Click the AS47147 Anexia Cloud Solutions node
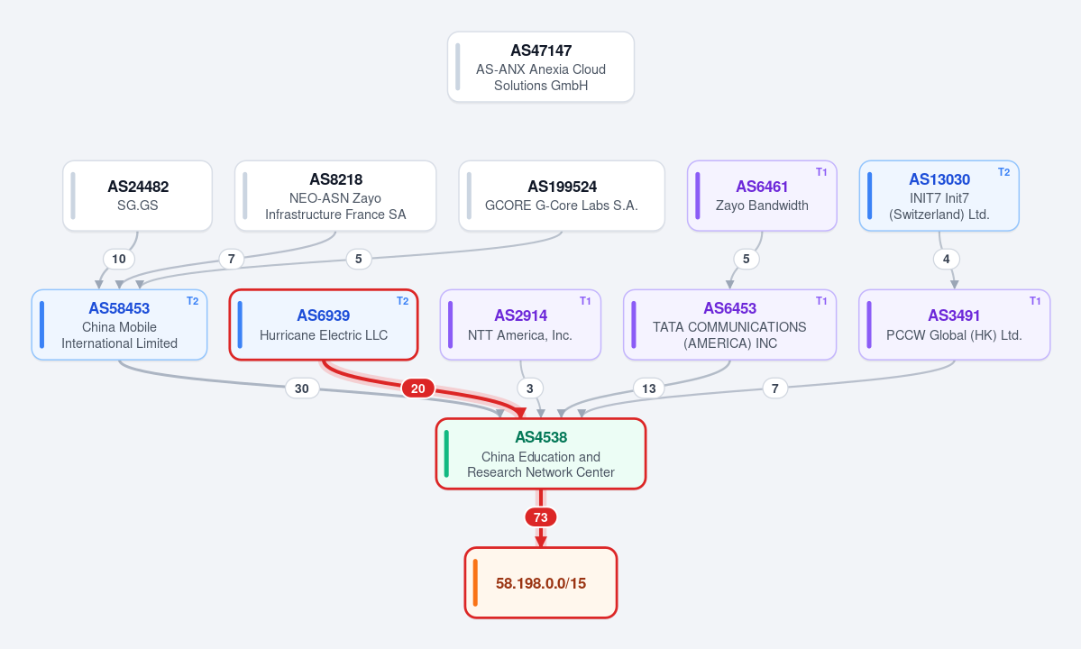click(541, 67)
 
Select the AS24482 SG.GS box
click(137, 196)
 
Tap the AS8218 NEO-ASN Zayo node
click(335, 196)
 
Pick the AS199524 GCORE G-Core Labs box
click(561, 196)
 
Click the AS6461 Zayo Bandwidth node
click(762, 196)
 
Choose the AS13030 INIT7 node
click(939, 196)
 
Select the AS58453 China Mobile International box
click(119, 324)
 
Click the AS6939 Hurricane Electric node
click(324, 324)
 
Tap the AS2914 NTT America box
click(520, 324)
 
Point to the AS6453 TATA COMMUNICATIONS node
click(729, 324)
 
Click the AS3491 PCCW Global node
click(954, 324)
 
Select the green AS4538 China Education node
click(541, 454)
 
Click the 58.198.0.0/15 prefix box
click(541, 583)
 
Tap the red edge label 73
click(541, 517)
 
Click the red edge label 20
click(417, 388)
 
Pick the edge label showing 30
click(302, 388)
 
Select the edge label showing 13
click(649, 388)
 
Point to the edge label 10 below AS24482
click(119, 259)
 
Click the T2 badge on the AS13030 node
click(1003, 172)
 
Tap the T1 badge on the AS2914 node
click(585, 301)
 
